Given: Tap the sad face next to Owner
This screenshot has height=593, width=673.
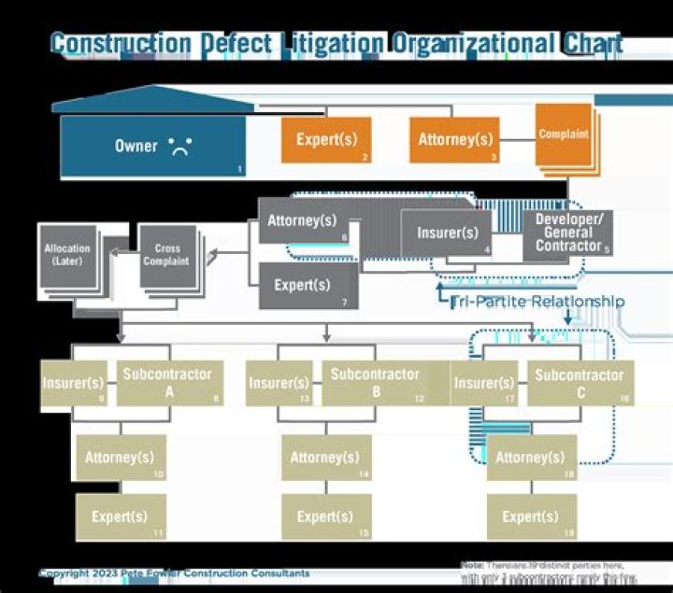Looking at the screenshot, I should tap(179, 146).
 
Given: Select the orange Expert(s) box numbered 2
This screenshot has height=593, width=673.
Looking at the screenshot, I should tap(326, 140).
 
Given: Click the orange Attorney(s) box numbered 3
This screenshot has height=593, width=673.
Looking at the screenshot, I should tap(455, 140).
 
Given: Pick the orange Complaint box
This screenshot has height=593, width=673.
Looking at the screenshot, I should tap(563, 135).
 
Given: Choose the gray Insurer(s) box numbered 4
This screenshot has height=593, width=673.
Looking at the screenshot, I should tap(446, 233).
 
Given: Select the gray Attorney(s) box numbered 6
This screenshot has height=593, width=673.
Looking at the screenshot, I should tap(302, 221).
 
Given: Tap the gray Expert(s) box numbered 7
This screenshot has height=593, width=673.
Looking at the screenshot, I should tap(308, 285).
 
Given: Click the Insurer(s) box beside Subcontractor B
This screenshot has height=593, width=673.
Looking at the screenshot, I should tap(279, 384).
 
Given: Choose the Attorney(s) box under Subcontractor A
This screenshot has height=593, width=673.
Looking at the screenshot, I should tap(120, 458).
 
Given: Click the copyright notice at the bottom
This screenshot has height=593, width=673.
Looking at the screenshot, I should tap(174, 572).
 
